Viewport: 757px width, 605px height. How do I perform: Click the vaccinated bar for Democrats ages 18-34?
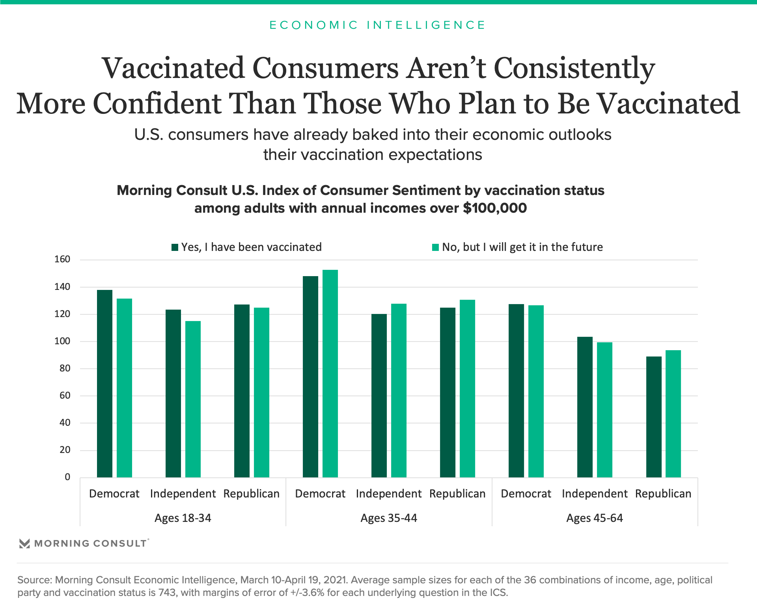[104, 384]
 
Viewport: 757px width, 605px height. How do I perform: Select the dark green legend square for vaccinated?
[175, 247]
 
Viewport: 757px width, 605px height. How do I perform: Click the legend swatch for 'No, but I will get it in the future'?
[435, 247]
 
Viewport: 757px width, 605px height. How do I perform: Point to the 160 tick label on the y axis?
[62, 259]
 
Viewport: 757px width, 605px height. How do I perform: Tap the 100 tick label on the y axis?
[62, 341]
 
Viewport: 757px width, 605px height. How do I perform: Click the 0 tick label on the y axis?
[67, 477]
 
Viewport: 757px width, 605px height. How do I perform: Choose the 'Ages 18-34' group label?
[183, 518]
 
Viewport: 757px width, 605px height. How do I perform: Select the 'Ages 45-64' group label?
[595, 518]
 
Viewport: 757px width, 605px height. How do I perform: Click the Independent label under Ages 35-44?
[389, 494]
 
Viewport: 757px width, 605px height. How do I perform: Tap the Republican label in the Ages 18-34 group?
[252, 494]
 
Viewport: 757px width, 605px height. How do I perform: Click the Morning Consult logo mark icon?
[24, 544]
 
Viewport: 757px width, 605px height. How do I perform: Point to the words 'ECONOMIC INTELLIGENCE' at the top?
[377, 25]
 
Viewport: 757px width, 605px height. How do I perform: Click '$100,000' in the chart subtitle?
[495, 208]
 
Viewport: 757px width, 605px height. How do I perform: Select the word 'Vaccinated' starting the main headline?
[173, 69]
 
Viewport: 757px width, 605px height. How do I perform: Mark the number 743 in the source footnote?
[168, 592]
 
